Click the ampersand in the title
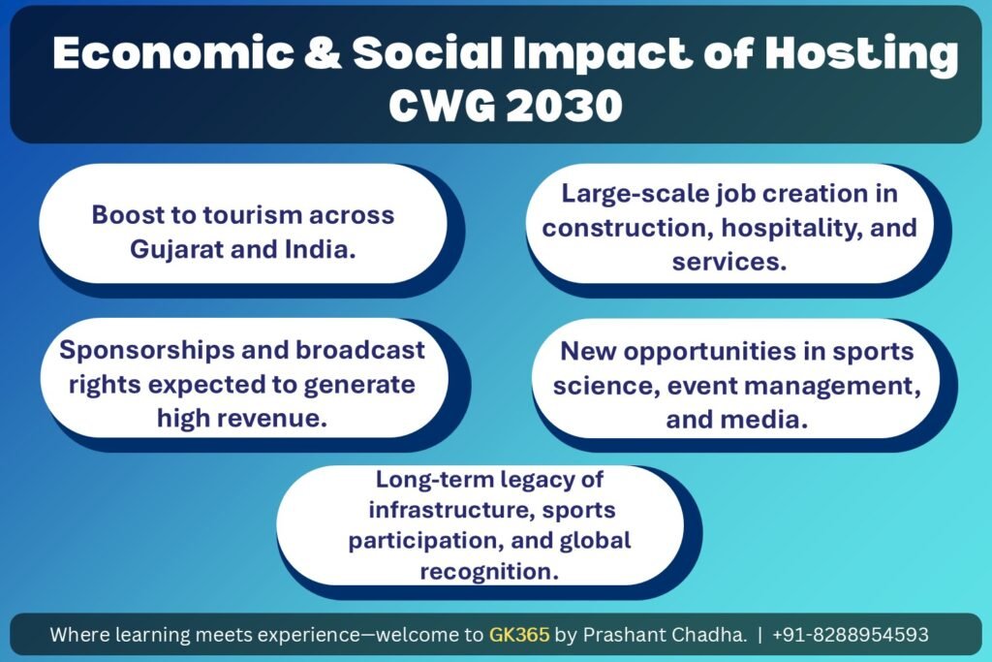click(x=323, y=52)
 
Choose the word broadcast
click(x=360, y=350)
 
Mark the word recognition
click(x=489, y=572)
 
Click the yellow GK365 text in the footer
click(x=519, y=634)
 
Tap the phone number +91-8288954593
click(x=850, y=634)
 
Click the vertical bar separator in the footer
click(x=759, y=635)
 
